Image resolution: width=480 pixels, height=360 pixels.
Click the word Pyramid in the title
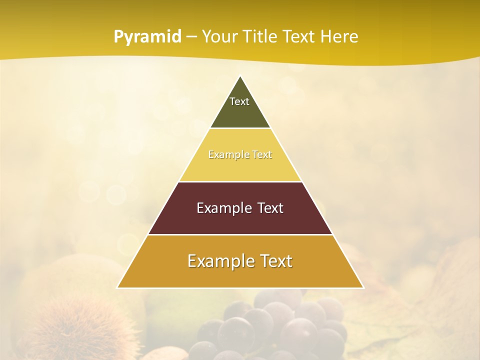pyautogui.click(x=147, y=37)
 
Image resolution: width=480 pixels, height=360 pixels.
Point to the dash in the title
pyautogui.click(x=191, y=37)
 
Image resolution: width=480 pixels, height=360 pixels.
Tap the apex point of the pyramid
pyautogui.click(x=240, y=77)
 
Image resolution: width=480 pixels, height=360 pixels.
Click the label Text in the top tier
pyautogui.click(x=239, y=101)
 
